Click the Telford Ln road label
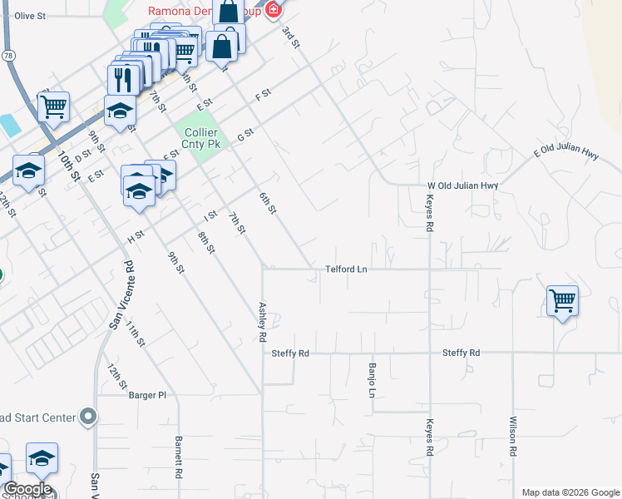tap(346, 269)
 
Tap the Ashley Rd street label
tap(262, 322)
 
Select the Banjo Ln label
tap(372, 379)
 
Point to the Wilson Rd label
tap(514, 436)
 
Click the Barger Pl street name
tap(148, 395)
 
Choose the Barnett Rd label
tap(178, 458)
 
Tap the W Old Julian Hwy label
tap(462, 185)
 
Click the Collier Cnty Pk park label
tap(201, 138)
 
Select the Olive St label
tap(29, 16)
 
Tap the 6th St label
tap(267, 202)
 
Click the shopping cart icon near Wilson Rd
tap(563, 300)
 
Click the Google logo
tap(27, 489)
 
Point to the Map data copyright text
tap(570, 492)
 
